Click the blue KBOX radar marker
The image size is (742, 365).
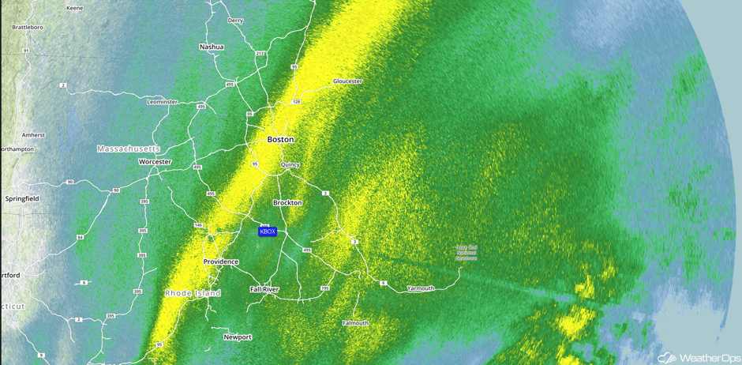pyautogui.click(x=268, y=231)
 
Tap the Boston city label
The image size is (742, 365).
pyautogui.click(x=280, y=140)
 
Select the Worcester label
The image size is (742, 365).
pyautogui.click(x=155, y=162)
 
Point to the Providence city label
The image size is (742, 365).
pyautogui.click(x=221, y=262)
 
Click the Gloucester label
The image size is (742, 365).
pyautogui.click(x=347, y=81)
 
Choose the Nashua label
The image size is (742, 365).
pyautogui.click(x=212, y=47)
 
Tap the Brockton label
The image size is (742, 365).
pyautogui.click(x=287, y=203)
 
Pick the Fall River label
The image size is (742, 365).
pyautogui.click(x=264, y=290)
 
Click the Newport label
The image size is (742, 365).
pyautogui.click(x=238, y=337)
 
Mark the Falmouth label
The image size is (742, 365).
pyautogui.click(x=355, y=323)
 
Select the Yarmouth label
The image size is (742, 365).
pyautogui.click(x=420, y=288)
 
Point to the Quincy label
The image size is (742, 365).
pyautogui.click(x=290, y=165)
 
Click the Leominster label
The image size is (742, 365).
pyautogui.click(x=163, y=102)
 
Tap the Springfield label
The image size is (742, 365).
pyautogui.click(x=21, y=198)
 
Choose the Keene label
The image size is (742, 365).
pyautogui.click(x=75, y=8)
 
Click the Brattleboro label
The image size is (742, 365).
pyautogui.click(x=27, y=27)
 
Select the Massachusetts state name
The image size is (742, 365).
pyautogui.click(x=129, y=149)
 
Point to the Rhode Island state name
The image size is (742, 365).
pyautogui.click(x=193, y=293)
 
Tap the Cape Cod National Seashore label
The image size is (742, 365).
pyautogui.click(x=466, y=253)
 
